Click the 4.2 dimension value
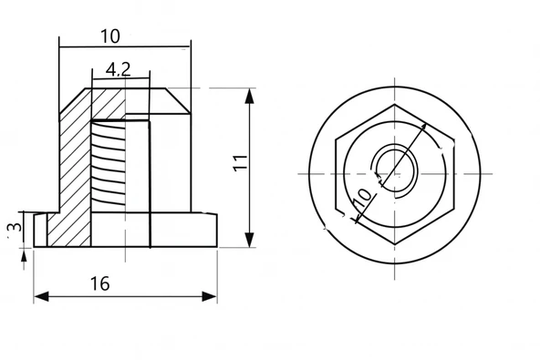[119, 69]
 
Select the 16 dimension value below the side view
[99, 283]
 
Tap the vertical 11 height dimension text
[241, 163]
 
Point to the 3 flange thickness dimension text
[16, 227]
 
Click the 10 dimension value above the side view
[110, 36]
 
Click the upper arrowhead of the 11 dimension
[249, 96]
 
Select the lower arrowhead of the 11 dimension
[249, 240]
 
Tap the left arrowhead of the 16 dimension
[41, 296]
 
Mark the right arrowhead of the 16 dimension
[210, 296]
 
